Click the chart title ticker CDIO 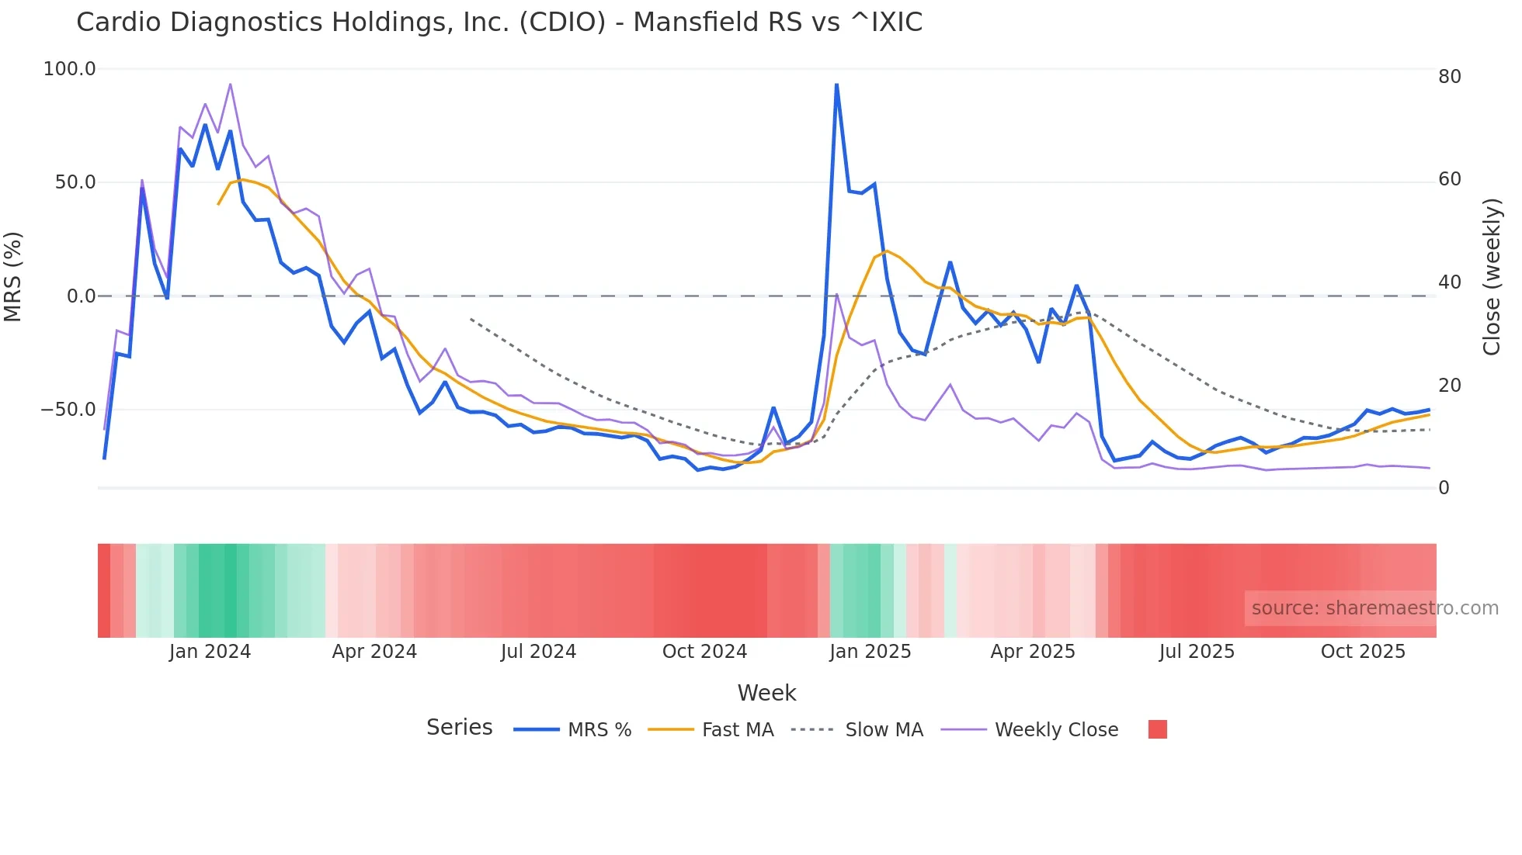(562, 22)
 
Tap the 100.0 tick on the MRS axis (69, 69)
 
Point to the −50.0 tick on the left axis (68, 410)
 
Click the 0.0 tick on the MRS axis (81, 296)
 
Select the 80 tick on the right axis (1449, 77)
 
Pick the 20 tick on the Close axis (1449, 386)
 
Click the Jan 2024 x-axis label (210, 652)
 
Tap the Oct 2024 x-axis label (704, 652)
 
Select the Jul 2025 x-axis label (1197, 652)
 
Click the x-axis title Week (766, 693)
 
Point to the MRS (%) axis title (13, 277)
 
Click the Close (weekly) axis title (1492, 277)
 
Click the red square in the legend (1157, 729)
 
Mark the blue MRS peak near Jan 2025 (836, 84)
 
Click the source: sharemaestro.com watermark (1374, 608)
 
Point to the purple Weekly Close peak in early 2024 (231, 84)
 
